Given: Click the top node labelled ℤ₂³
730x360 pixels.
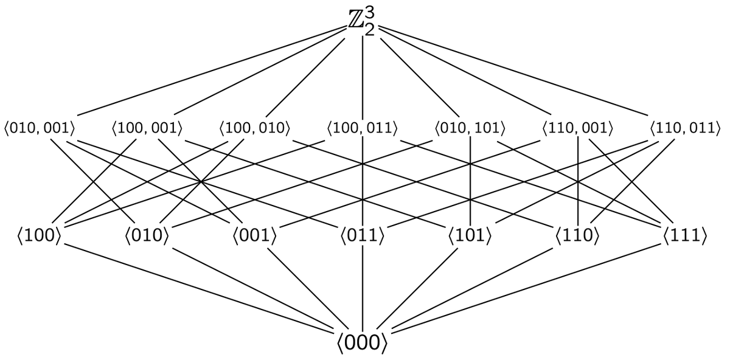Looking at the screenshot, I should coord(363,21).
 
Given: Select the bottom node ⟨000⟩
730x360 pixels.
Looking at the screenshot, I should coord(363,343).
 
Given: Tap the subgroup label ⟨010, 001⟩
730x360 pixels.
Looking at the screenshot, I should coord(40,128).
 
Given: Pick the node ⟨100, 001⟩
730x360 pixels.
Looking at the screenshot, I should coord(147,128).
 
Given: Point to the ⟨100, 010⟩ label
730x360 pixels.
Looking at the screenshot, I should coord(255,128).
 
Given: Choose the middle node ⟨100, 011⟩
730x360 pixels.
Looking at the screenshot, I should coord(363,128).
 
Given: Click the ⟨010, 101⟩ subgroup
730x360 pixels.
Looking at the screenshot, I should coord(470,128).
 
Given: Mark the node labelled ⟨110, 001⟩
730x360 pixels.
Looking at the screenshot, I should coord(577,128).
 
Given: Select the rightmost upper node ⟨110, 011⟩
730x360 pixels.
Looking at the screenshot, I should coord(686,128).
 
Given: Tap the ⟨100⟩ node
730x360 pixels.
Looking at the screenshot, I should coord(40,235).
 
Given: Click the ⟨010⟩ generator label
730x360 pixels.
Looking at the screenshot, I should coord(147,235).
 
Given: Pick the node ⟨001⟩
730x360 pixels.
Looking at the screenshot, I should coord(255,235).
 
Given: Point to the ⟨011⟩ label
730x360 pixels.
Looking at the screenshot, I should coord(363,235).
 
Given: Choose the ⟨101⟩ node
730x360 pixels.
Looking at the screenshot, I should coord(470,235).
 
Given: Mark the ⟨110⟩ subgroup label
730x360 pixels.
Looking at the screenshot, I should coord(577,235).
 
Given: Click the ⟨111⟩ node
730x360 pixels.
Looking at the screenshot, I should coord(686,235).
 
